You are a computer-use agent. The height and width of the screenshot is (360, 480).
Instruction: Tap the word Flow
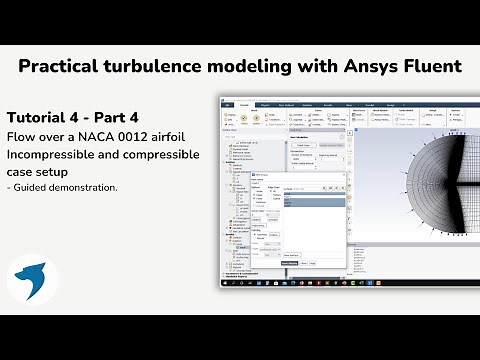point(24,135)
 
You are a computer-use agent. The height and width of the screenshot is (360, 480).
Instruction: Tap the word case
point(22,172)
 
